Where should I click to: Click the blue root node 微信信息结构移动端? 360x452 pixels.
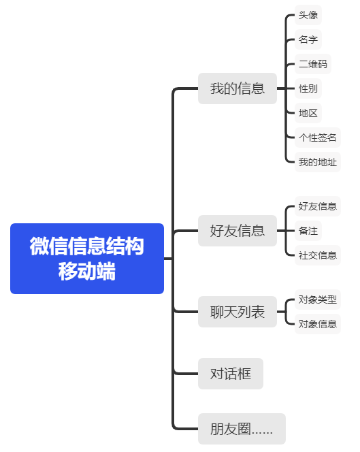[87, 259]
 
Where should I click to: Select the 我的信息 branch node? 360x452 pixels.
[238, 88]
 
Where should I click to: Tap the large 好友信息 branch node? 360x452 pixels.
[238, 231]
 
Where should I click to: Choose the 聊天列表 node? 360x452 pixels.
[238, 312]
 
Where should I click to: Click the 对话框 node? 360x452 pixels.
[231, 374]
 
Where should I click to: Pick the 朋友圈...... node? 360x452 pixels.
[242, 429]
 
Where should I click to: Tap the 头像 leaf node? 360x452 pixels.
[308, 15]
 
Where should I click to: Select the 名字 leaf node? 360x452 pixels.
[308, 39]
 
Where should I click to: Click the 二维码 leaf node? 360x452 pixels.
[313, 64]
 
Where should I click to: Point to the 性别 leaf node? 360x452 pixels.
[308, 88]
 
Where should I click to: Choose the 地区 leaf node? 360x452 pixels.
[308, 113]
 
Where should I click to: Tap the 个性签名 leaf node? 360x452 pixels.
[318, 138]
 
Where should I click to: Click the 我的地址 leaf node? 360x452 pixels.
[318, 162]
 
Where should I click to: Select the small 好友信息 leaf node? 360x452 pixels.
[318, 206]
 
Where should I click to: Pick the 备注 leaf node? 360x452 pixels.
[308, 231]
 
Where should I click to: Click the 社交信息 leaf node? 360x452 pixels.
[318, 255]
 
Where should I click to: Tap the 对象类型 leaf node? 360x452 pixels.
[318, 300]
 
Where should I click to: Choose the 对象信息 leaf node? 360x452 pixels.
[318, 324]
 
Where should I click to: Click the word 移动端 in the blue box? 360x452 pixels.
[87, 271]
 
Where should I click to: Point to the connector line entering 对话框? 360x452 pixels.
[186, 374]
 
